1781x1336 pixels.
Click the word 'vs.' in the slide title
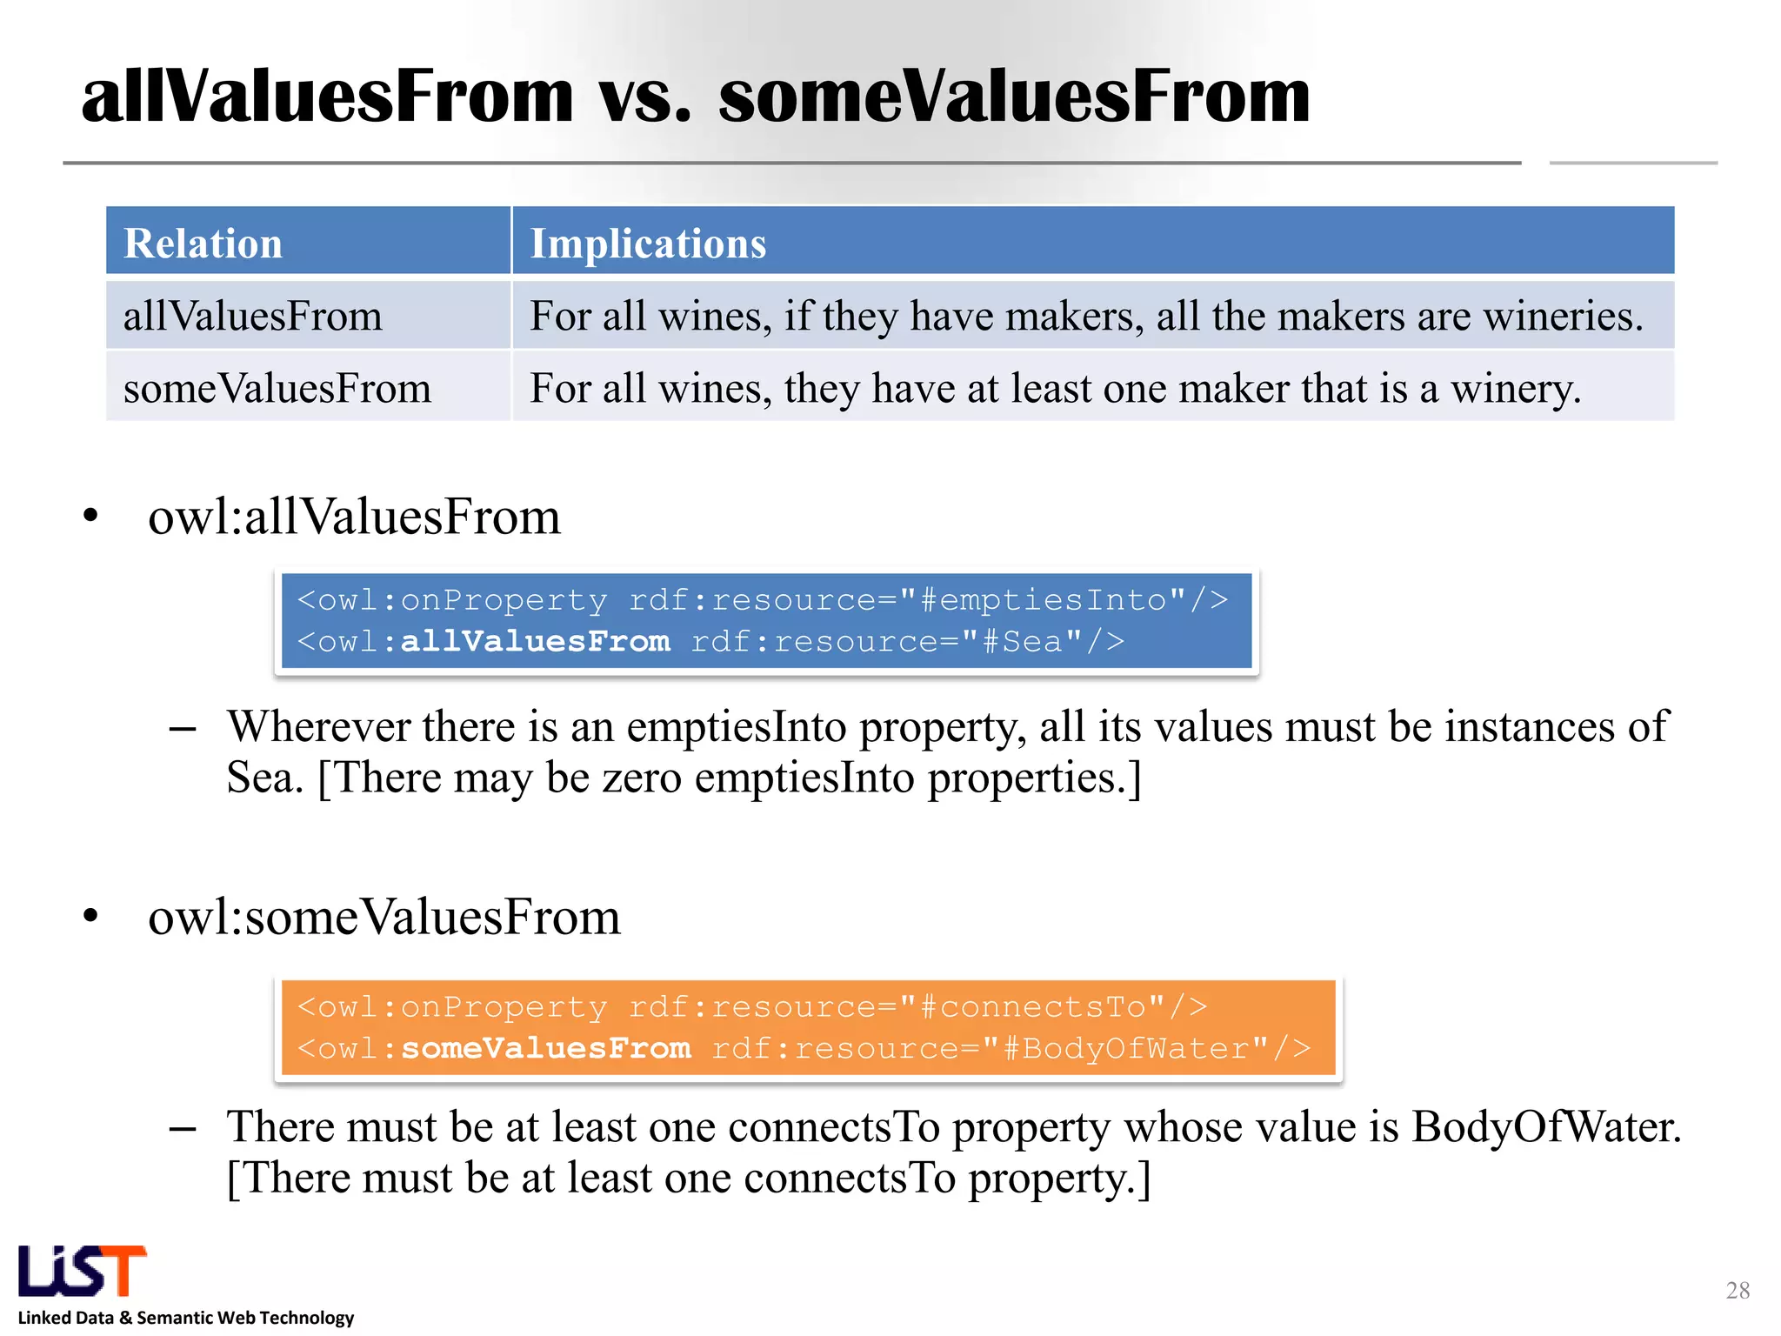click(644, 97)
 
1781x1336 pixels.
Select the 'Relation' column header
click(203, 243)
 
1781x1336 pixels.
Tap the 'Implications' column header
click(648, 243)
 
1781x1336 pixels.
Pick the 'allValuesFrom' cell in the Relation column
click(253, 316)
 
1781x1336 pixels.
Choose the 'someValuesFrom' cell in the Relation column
click(277, 388)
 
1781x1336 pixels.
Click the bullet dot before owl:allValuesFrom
click(91, 516)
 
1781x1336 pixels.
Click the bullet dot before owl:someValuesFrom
click(91, 916)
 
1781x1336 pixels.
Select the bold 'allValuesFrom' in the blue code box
click(535, 642)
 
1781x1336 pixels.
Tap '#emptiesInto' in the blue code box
click(1052, 600)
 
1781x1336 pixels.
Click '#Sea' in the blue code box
click(1032, 642)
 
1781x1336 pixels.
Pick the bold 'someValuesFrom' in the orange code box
click(545, 1048)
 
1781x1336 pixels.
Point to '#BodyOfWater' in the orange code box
click(1136, 1048)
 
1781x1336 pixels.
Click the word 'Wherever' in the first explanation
click(318, 726)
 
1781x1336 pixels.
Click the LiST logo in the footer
click(83, 1271)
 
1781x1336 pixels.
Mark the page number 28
click(1738, 1290)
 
